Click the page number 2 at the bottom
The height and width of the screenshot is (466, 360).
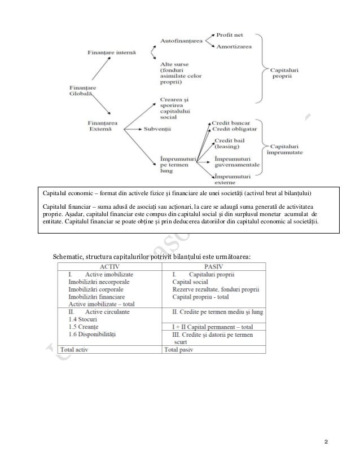326,440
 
